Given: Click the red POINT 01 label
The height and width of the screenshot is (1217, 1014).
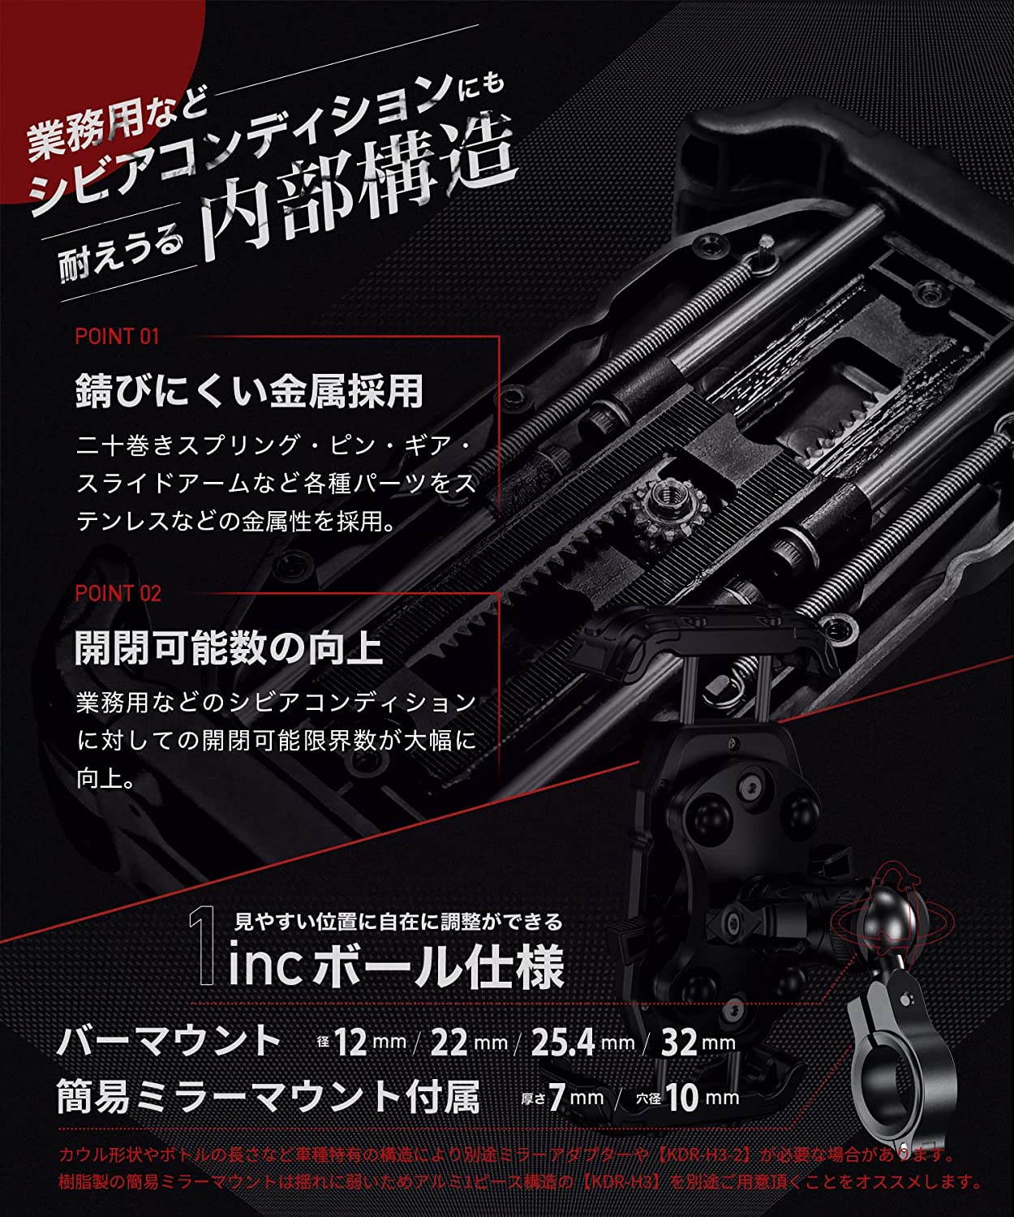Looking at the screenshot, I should coord(117,336).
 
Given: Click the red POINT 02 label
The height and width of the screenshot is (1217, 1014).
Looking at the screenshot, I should coord(118,593).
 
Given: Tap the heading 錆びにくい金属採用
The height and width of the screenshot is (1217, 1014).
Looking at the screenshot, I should coord(249,391).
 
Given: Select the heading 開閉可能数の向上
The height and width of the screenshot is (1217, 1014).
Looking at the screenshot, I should coord(228,648).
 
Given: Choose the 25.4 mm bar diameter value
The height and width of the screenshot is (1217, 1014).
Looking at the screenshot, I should coord(582,1043).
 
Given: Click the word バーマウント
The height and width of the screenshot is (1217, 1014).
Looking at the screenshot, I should coord(169,1040).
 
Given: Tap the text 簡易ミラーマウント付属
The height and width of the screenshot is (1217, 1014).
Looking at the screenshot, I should coord(268,1097).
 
